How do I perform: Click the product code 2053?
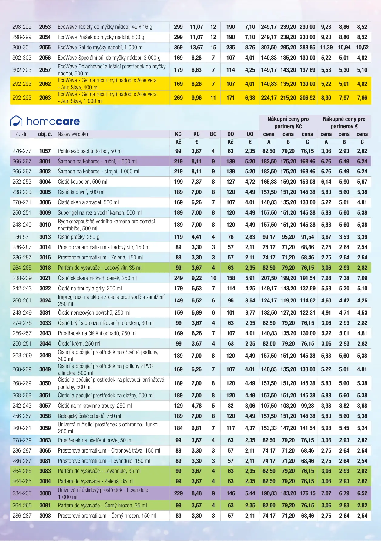click(45, 27)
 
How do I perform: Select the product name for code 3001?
click(97, 162)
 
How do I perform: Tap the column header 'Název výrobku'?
click(73, 134)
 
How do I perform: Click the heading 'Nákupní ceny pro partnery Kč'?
click(288, 122)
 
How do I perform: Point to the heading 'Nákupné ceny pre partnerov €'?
click(344, 122)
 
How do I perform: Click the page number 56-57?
click(22, 237)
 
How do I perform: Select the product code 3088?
click(45, 493)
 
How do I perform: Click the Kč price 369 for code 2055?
click(178, 48)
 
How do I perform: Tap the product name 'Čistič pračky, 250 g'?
click(79, 237)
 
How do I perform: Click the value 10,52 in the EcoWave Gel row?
click(362, 48)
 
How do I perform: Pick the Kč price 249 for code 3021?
click(178, 278)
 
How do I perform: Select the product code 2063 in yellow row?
click(45, 98)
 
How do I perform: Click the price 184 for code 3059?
click(178, 428)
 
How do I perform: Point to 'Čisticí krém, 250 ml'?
click(79, 344)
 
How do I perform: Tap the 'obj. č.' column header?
click(45, 134)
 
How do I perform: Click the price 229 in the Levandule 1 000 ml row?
click(178, 493)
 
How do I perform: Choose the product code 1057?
click(45, 151)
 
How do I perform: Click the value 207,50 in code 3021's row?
click(269, 278)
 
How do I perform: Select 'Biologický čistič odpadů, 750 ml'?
click(89, 416)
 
